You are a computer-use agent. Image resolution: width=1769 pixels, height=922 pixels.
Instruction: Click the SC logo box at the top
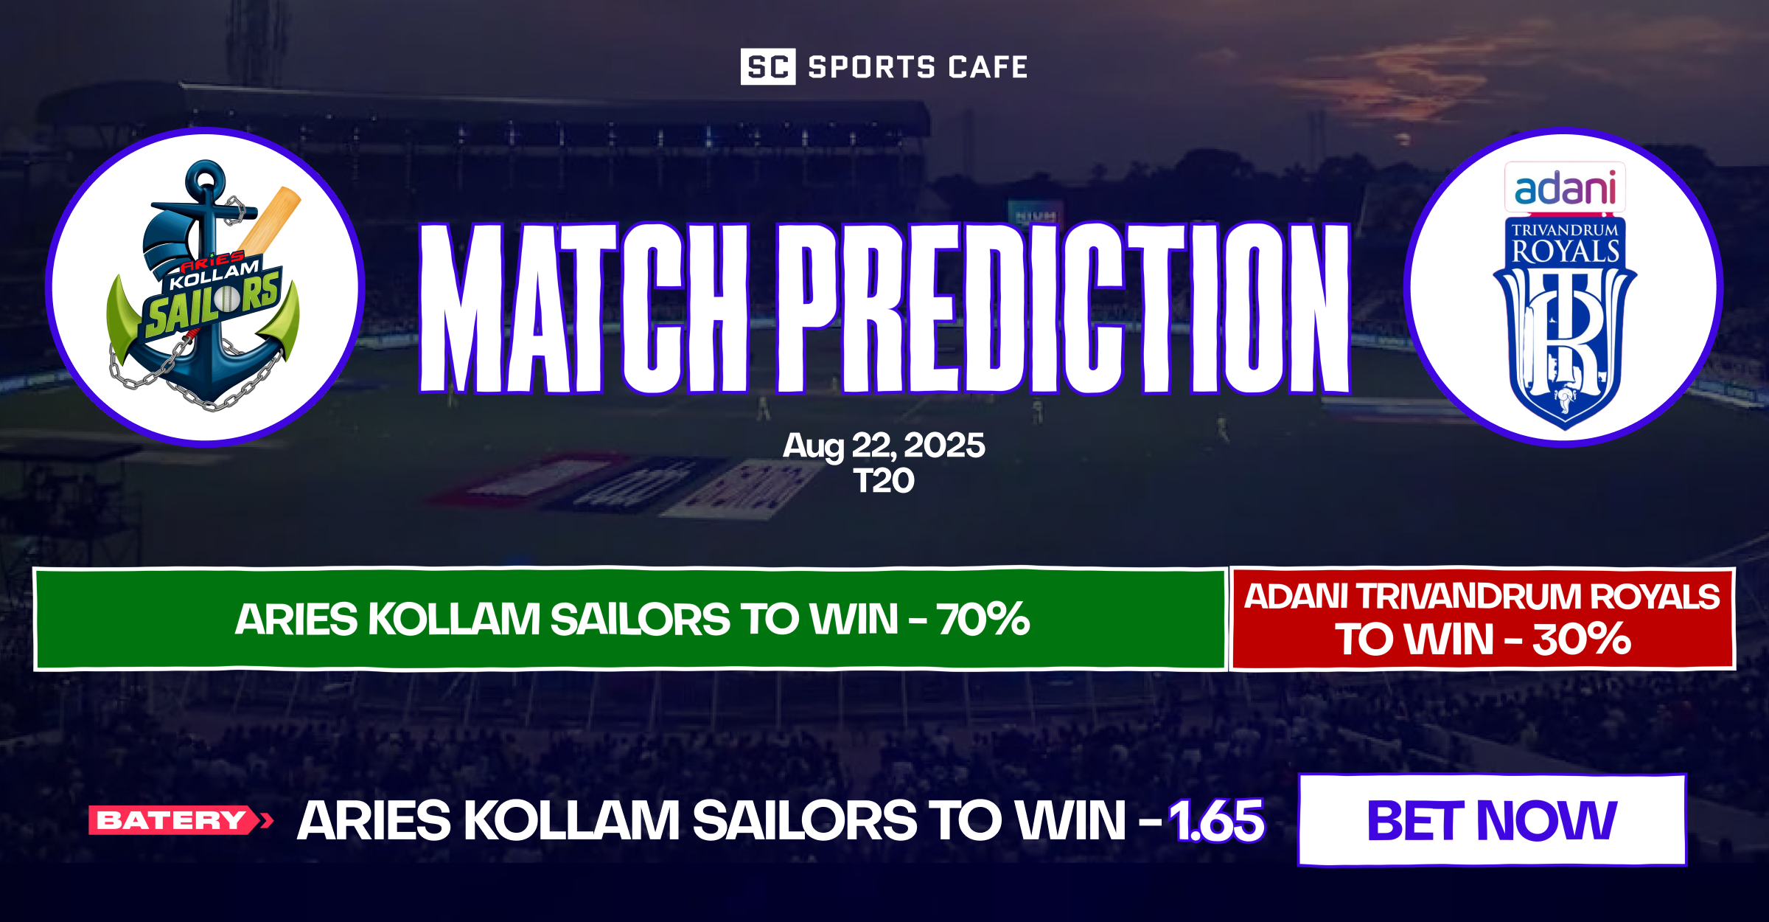click(767, 67)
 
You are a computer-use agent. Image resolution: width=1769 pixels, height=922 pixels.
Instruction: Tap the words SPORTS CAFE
click(918, 67)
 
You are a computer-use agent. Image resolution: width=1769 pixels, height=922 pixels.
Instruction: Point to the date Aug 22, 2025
click(884, 446)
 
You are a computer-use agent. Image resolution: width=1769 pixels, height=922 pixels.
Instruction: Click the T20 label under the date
click(884, 482)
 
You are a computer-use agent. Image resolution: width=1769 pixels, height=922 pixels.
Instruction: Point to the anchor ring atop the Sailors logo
click(206, 177)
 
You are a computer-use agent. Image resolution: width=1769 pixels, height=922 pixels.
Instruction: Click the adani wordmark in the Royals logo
click(1565, 188)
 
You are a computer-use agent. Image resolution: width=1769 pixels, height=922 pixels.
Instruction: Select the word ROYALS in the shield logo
click(1565, 252)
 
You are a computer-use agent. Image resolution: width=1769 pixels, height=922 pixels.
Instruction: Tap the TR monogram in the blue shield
click(1565, 332)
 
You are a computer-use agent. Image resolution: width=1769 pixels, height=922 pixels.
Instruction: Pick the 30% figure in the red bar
click(1582, 639)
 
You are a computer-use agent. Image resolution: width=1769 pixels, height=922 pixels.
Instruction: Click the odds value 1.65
click(1217, 820)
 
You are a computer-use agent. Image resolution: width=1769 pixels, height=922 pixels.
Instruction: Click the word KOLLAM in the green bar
click(454, 619)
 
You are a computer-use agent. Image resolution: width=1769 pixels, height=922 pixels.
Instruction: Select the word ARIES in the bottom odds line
click(374, 820)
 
